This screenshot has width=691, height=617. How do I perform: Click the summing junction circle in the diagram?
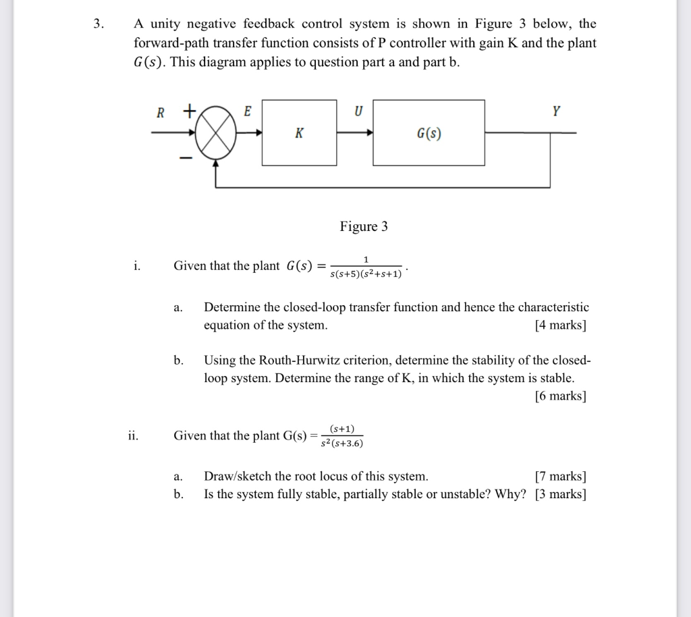coord(216,133)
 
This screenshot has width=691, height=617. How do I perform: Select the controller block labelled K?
coord(299,132)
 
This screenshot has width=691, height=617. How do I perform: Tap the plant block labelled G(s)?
coord(429,132)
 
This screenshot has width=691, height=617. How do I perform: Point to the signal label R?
coord(161,113)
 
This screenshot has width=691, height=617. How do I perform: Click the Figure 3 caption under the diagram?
coord(364,226)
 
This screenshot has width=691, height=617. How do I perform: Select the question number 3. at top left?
coord(99,24)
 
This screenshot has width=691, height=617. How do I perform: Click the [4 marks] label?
coord(560,325)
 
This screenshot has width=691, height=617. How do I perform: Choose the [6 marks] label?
coord(560,396)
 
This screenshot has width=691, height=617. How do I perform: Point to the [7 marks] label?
coord(560,477)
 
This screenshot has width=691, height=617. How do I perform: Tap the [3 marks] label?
coord(560,494)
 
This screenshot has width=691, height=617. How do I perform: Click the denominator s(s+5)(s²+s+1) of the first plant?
coord(366,274)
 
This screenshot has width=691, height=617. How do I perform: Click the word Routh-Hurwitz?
coord(303,360)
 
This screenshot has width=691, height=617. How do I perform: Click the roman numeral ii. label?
coord(133,435)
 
